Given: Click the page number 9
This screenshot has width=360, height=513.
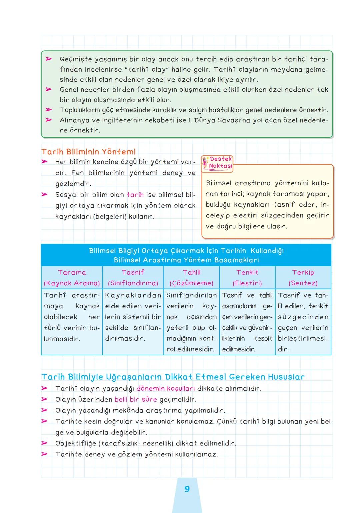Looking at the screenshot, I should (187, 489).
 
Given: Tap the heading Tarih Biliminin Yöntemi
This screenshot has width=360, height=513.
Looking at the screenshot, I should (88, 152).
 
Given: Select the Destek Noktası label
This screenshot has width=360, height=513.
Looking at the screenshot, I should (220, 162).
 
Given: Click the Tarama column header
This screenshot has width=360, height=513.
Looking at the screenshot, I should (72, 272).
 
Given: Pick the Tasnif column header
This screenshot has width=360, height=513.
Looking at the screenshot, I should (133, 272).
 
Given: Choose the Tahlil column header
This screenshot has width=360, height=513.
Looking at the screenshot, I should (192, 272).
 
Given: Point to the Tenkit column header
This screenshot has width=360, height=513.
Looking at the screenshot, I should (247, 272).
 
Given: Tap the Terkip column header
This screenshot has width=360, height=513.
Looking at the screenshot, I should (303, 272).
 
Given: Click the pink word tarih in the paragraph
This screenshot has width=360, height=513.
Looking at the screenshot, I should (135, 195).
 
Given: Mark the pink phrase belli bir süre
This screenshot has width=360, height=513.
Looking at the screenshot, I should (135, 399).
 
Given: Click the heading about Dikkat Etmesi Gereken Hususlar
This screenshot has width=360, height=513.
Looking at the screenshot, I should (173, 377).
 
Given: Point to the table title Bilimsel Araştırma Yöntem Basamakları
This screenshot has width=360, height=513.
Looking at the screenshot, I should (186, 260).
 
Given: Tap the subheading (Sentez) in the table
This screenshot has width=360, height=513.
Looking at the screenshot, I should (303, 283).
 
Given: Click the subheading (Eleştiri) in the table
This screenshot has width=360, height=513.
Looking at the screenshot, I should (247, 283).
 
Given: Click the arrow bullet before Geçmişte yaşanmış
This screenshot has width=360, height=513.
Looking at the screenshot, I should (49, 59).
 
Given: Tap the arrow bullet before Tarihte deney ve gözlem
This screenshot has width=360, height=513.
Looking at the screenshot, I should (44, 454).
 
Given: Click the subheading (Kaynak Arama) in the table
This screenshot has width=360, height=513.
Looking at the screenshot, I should (72, 283).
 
